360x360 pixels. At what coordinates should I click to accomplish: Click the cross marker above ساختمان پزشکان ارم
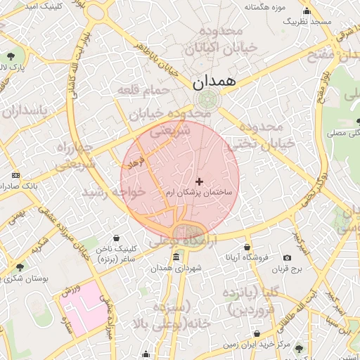(x=199, y=181)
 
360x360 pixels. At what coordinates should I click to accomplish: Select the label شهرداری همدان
(x=176, y=268)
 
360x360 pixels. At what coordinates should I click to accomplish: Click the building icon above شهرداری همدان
(x=175, y=257)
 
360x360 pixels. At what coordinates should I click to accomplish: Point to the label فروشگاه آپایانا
(x=247, y=257)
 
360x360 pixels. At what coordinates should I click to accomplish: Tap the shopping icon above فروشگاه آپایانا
(x=247, y=247)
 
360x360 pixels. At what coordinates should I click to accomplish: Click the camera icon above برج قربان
(x=287, y=258)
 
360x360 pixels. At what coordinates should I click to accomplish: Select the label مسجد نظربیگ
(x=307, y=22)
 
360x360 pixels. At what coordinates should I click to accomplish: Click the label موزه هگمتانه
(x=264, y=7)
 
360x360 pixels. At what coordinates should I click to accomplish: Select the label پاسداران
(x=25, y=111)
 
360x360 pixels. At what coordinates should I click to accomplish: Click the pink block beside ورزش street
(x=83, y=311)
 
